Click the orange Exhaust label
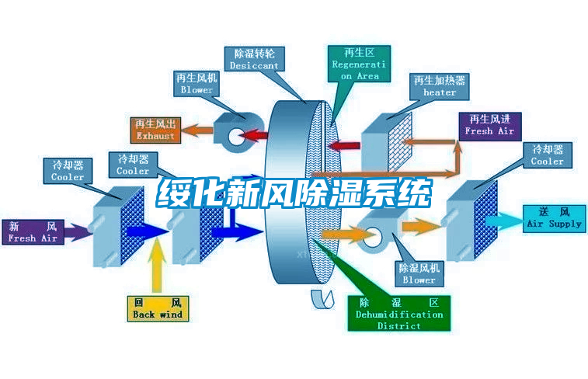[155, 130]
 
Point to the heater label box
[440, 86]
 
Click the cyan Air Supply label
[554, 217]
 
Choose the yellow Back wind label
[157, 308]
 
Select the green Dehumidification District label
[398, 313]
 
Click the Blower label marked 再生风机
[197, 84]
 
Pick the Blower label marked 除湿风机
[419, 273]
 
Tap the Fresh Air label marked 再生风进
[489, 125]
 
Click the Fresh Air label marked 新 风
[33, 232]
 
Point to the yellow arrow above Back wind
[158, 263]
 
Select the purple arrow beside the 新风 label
[76, 231]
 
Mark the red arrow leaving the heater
[346, 144]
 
